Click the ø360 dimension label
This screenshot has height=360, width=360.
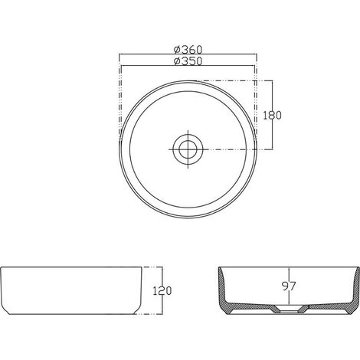(x=188, y=49)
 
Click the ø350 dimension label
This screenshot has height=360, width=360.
(x=188, y=61)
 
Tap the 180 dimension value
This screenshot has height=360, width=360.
(x=272, y=116)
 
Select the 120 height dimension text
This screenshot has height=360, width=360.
(x=162, y=291)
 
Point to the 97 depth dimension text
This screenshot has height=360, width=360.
(x=289, y=286)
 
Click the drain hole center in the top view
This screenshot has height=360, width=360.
(x=188, y=149)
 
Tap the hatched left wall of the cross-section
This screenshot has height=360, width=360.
(x=222, y=289)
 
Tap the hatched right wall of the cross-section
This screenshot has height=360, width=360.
(x=356, y=289)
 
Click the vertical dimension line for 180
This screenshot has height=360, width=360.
(x=273, y=115)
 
